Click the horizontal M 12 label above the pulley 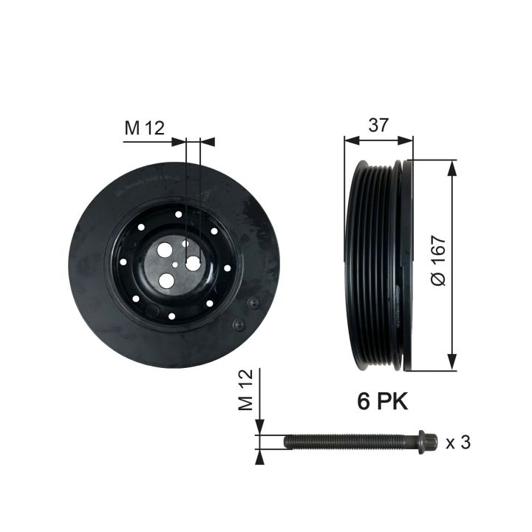click(143, 128)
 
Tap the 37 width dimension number click(378, 126)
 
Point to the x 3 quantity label click(458, 443)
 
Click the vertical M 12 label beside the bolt click(247, 391)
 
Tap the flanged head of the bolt click(423, 442)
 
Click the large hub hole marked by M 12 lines click(193, 262)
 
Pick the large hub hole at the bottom click(166, 280)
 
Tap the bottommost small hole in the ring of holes click(171, 316)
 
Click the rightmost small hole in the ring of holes click(228, 268)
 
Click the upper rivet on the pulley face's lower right click(252, 303)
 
